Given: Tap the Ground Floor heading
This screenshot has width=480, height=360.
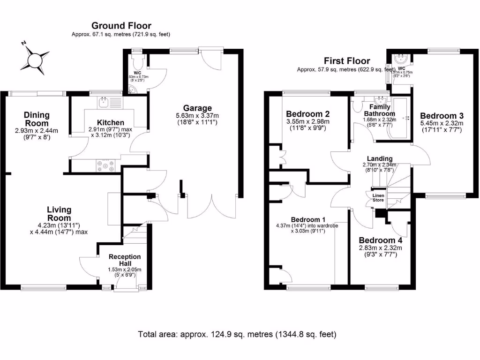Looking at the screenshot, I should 121,26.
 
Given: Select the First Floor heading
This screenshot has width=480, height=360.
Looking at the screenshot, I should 346,61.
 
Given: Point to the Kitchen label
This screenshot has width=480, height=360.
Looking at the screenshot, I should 111,123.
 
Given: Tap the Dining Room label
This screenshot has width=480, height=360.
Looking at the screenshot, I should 37,119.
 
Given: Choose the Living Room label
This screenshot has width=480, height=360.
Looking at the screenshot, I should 59,214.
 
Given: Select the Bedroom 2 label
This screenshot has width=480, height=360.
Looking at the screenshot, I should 307,114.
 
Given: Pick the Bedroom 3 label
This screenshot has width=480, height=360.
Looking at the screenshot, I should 441,116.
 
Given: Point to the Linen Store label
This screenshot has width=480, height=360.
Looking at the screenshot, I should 378,197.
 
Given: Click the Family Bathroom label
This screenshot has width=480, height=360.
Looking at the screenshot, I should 380,111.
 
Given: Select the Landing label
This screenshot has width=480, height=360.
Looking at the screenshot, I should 380,158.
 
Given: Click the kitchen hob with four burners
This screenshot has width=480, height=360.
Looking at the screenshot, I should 105,165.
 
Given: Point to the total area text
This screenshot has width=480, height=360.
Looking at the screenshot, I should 237,335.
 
